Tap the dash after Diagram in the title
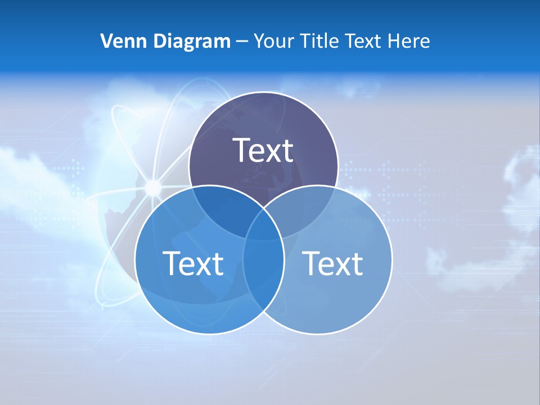pyautogui.click(x=242, y=42)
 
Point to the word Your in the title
pyautogui.click(x=273, y=41)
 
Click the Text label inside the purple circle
pyautogui.click(x=263, y=150)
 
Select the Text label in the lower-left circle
pyautogui.click(x=193, y=263)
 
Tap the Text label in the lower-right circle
pyautogui.click(x=332, y=263)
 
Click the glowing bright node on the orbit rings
pyautogui.click(x=152, y=187)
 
